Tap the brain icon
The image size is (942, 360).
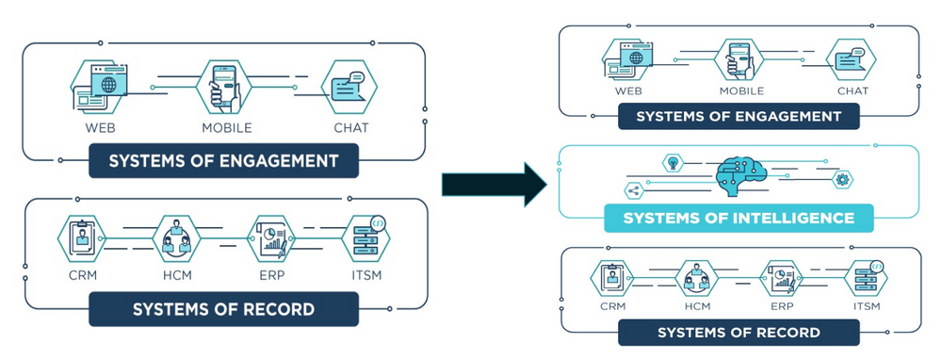[x=739, y=173]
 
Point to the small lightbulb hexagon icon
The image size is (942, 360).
[x=673, y=162]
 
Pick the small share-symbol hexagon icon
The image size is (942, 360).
[x=633, y=190]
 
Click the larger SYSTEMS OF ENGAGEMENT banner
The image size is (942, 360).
[x=223, y=161]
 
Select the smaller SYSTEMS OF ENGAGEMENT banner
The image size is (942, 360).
[x=739, y=116]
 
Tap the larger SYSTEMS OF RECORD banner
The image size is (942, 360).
[x=223, y=308]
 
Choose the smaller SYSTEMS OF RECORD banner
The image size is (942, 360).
[x=739, y=332]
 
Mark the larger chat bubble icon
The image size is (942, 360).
[x=349, y=88]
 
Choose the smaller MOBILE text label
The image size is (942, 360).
[x=741, y=91]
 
